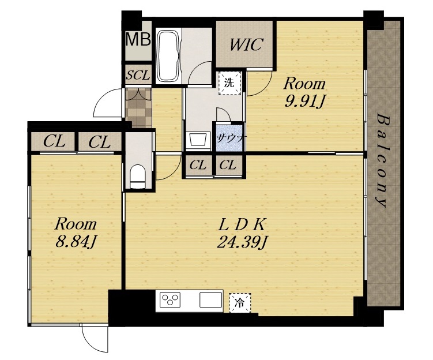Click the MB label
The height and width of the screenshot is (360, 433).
click(138, 39)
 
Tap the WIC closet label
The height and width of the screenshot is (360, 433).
click(246, 44)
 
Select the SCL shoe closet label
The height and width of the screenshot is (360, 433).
click(138, 75)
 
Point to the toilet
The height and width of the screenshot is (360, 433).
click(137, 177)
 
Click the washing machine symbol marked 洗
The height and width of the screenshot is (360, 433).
click(230, 83)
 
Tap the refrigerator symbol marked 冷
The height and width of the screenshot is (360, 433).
click(240, 303)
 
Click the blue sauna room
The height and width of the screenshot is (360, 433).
click(230, 137)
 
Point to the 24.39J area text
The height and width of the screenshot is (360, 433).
click(242, 243)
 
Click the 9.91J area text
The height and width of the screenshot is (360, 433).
click(304, 102)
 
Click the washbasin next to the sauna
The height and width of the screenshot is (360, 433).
click(197, 139)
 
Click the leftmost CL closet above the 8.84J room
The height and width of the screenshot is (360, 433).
click(54, 142)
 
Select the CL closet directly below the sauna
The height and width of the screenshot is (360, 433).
click(228, 165)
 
